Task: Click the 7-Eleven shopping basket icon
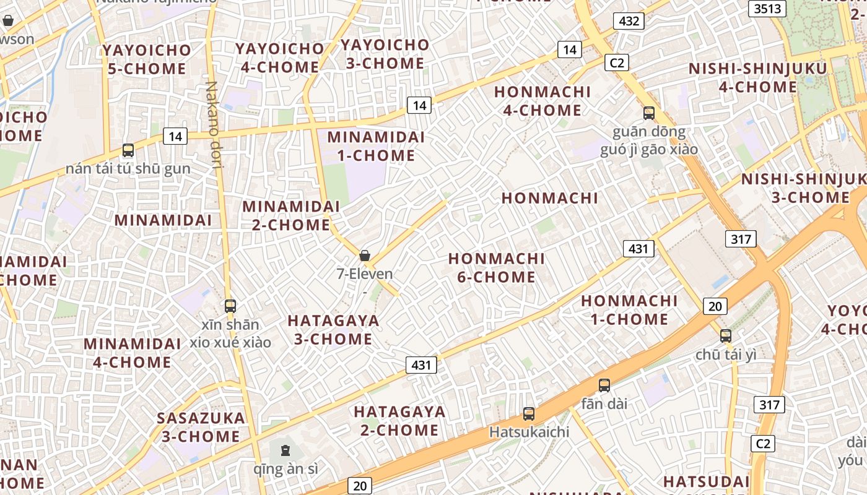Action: (365, 256)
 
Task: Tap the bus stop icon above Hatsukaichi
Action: (529, 414)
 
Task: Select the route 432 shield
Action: (629, 21)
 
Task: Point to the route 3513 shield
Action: (767, 8)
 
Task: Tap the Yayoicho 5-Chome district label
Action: (147, 59)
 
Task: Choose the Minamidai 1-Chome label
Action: (376, 146)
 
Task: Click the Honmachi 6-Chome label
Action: (496, 267)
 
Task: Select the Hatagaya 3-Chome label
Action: (333, 330)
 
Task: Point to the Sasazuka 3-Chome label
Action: (201, 427)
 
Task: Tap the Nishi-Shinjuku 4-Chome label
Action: (758, 77)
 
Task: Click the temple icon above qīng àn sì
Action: (285, 450)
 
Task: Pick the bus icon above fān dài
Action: (604, 385)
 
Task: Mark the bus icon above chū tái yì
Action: (726, 336)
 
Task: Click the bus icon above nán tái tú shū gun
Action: (128, 150)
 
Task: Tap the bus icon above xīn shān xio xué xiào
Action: (230, 306)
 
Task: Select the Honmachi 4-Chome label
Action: (542, 101)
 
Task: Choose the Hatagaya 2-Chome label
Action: (399, 421)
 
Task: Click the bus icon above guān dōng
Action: (649, 113)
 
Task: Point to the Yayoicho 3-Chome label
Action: (385, 54)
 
